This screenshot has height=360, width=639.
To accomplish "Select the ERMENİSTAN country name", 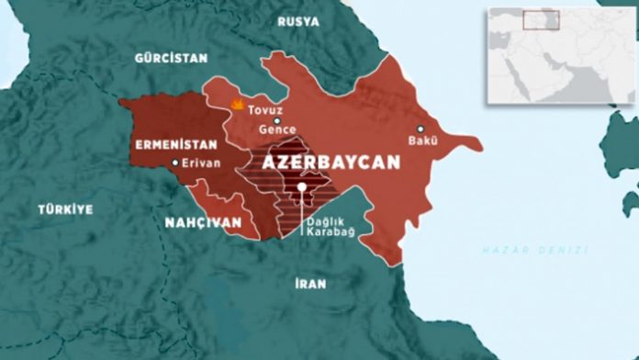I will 173,145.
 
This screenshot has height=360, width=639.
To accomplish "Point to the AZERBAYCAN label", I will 331,162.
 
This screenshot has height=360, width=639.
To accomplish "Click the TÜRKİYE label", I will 65,209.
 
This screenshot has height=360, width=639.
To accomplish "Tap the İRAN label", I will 310,284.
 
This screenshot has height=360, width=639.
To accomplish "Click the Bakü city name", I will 422,141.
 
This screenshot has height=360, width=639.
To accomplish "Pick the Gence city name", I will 276,130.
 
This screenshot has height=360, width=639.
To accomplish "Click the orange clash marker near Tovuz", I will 238,105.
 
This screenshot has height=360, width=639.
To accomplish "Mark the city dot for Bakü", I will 420,129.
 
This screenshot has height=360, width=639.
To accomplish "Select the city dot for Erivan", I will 175,164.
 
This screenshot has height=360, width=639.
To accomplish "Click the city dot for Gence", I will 276,119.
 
